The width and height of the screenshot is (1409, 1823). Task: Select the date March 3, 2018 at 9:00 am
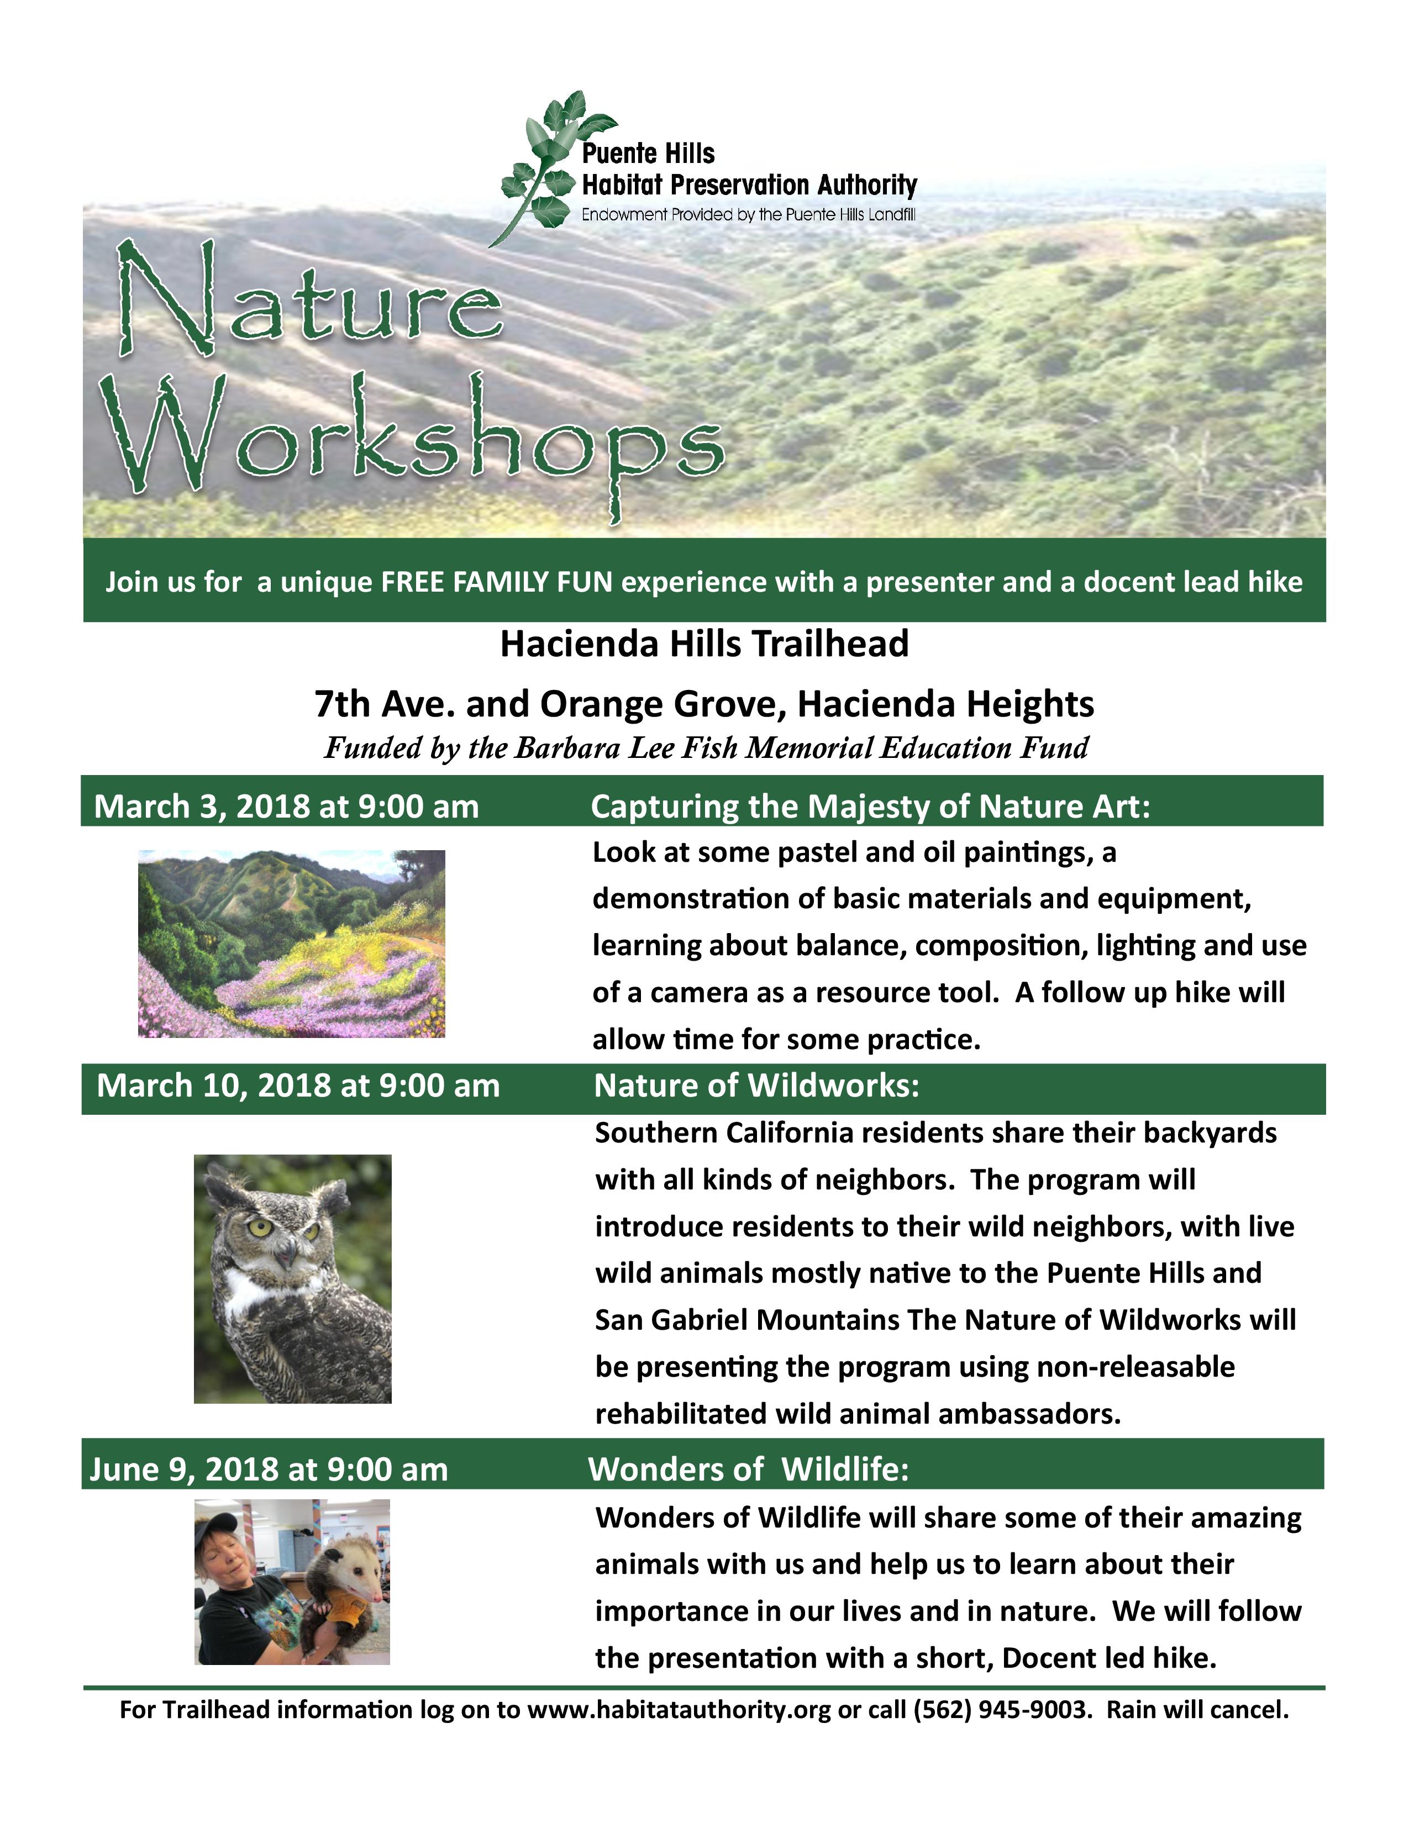click(x=286, y=807)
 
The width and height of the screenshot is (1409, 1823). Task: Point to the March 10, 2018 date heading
click(x=298, y=1085)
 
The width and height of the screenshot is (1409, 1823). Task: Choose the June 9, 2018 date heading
click(x=269, y=1469)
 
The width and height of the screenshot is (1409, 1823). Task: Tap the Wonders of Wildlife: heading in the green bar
click(x=749, y=1469)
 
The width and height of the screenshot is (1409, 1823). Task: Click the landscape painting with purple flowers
click(x=291, y=943)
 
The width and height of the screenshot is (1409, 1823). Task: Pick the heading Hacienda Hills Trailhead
click(x=704, y=644)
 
